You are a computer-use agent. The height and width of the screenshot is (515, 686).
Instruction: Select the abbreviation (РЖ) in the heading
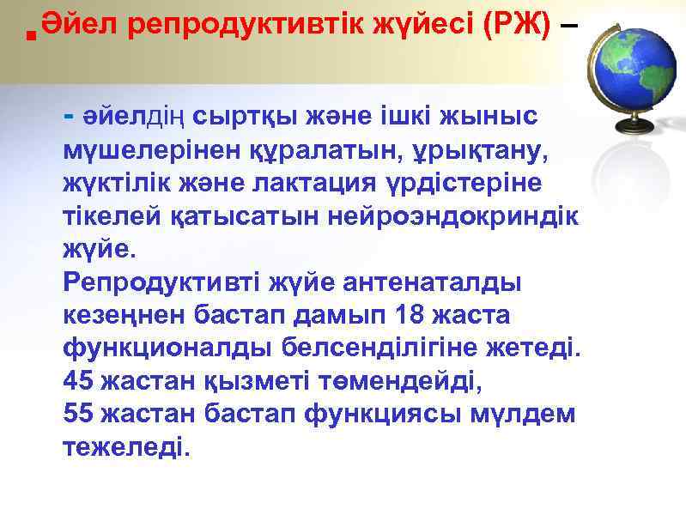pos(517,26)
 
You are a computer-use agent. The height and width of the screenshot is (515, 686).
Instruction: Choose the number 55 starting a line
pos(78,414)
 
